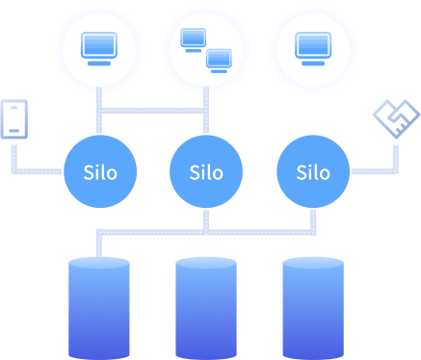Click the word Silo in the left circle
(100, 172)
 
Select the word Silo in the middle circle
(206, 172)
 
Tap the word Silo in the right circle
(313, 172)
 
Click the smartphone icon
(14, 119)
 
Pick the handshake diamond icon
(396, 118)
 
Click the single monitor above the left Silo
(99, 49)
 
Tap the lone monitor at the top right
(313, 49)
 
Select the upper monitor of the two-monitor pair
(194, 40)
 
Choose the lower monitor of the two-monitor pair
(219, 61)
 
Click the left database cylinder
(99, 308)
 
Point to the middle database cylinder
(206, 308)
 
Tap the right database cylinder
(313, 308)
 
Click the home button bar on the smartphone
(14, 131)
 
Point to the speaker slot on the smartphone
(14, 108)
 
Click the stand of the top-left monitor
(99, 64)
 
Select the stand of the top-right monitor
(313, 64)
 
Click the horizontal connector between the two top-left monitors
(152, 111)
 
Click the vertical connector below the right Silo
(313, 222)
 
